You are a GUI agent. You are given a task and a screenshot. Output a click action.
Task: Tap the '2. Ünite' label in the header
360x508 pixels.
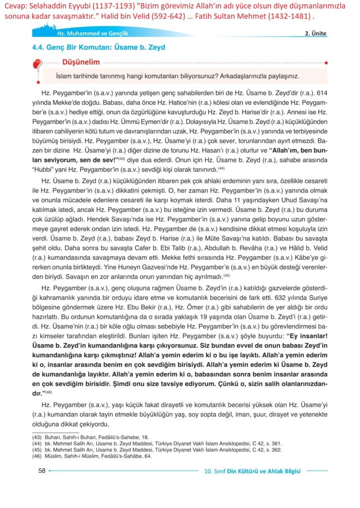click(315, 33)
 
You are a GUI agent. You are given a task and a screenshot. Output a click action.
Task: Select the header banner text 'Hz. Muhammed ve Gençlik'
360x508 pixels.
click(75, 34)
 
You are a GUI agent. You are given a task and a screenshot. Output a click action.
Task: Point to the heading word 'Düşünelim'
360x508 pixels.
click(81, 62)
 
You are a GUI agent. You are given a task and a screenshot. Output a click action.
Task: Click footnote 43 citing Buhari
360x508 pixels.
click(80, 436)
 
